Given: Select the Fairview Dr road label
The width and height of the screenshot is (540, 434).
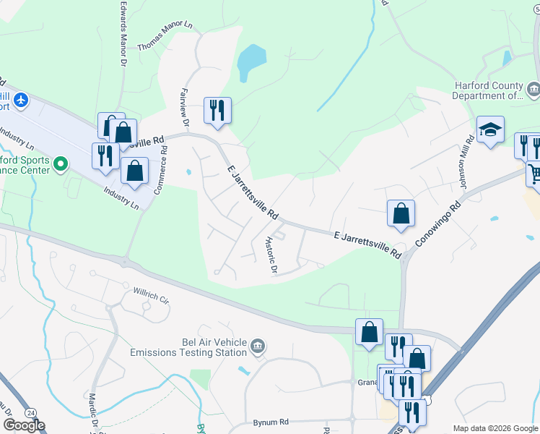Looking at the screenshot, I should point(183,107).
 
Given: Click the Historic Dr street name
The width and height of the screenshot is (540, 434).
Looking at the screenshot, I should point(271,255).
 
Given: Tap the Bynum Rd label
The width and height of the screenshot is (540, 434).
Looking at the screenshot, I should point(271,422).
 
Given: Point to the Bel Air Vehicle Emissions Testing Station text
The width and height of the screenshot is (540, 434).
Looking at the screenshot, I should point(188,347).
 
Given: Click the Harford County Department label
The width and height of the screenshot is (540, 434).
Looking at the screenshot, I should point(488,90).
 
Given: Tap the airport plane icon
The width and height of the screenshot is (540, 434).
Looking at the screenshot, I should point(21,98).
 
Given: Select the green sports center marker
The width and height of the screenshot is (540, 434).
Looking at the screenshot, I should point(60,165).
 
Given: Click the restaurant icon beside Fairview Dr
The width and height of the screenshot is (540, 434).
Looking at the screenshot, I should point(217,110).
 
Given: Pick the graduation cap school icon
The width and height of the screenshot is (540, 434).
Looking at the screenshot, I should point(490,129).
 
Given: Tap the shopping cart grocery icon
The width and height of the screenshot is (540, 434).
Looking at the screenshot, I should point(534,174).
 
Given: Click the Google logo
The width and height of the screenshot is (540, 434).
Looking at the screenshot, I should point(24,425).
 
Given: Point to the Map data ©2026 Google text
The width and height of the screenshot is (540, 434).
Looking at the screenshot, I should point(495,428).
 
